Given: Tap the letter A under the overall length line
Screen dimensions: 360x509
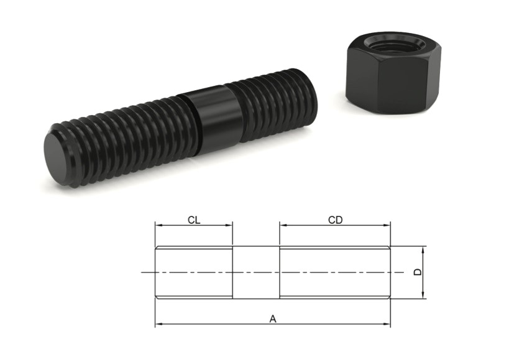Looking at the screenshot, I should click(272, 318).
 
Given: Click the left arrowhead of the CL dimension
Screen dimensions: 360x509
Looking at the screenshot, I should click(158, 225).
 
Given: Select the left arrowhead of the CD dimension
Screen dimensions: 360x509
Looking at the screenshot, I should click(283, 225).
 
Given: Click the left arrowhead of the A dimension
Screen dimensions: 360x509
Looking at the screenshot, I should click(158, 324).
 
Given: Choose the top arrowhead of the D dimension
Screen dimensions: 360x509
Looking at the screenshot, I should click(423, 250).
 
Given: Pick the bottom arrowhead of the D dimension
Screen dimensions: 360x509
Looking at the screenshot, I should click(423, 295).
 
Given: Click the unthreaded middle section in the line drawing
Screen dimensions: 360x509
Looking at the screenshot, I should click(256, 272).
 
